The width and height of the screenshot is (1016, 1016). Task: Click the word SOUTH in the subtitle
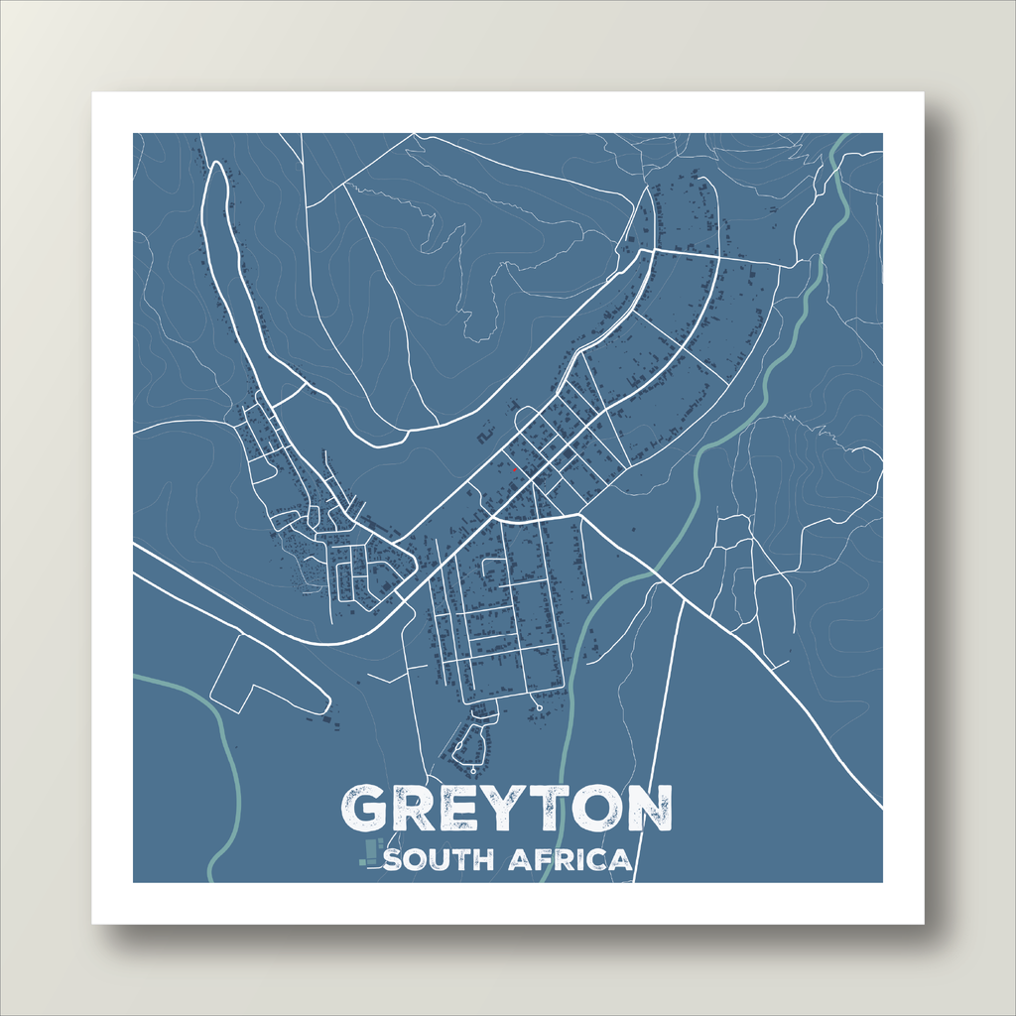pyautogui.click(x=439, y=859)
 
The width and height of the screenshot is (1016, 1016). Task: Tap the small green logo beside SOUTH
pyautogui.click(x=371, y=852)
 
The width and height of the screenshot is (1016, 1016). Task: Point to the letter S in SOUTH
pyautogui.click(x=392, y=859)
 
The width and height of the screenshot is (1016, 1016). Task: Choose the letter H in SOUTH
pyautogui.click(x=484, y=859)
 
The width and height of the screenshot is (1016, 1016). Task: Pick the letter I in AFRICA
pyautogui.click(x=578, y=859)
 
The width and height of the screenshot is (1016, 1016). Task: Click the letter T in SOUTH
pyautogui.click(x=461, y=859)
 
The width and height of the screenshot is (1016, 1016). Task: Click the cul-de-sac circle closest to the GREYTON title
pyautogui.click(x=473, y=770)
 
